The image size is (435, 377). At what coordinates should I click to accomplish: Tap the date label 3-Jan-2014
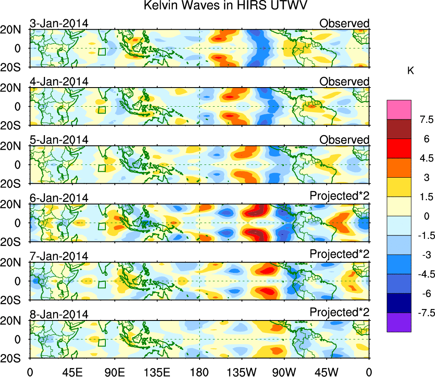[x=59, y=23]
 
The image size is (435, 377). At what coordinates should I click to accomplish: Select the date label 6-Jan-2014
[x=59, y=198]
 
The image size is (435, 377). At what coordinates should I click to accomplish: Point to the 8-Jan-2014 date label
[x=59, y=315]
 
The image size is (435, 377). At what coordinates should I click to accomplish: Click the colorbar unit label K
[x=411, y=71]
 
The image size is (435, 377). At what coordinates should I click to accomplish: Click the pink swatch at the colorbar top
[x=399, y=110]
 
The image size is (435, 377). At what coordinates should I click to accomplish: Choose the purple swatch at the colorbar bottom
[x=399, y=322]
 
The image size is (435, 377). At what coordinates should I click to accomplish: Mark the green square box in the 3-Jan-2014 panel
[x=102, y=52]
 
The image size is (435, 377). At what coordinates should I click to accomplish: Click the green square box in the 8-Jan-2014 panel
[x=102, y=343]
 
